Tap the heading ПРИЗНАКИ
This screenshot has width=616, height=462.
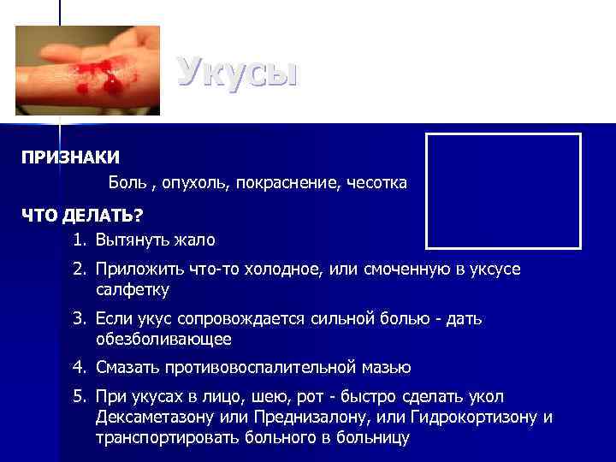71,157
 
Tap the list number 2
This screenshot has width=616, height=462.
79,269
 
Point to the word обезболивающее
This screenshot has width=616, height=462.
163,339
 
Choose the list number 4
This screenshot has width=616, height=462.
79,368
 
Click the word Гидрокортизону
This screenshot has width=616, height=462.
478,418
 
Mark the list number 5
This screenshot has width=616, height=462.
79,397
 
